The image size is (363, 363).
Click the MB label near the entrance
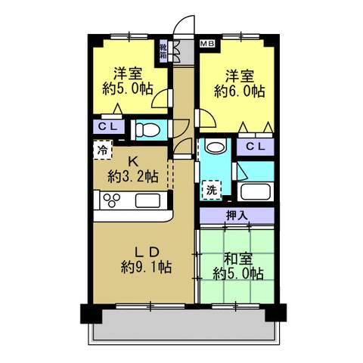click(x=206, y=45)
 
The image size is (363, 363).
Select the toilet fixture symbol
click(x=145, y=129)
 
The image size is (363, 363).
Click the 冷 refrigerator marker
click(x=101, y=150)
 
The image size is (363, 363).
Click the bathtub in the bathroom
click(x=254, y=191)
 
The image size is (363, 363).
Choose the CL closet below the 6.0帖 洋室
click(x=255, y=145)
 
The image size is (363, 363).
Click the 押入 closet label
click(x=237, y=216)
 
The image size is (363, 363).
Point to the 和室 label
click(x=237, y=256)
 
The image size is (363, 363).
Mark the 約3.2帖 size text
click(x=132, y=177)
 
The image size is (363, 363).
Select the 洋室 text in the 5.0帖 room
click(x=129, y=73)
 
